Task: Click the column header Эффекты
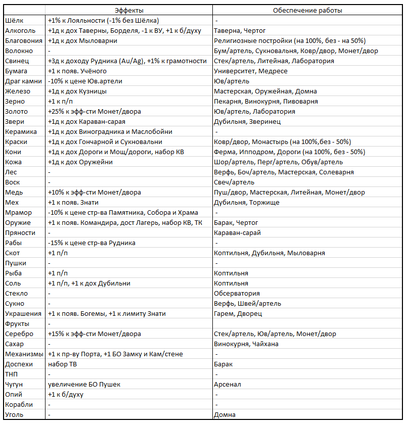pos(128,10)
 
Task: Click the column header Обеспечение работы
pos(307,10)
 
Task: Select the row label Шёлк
pos(14,20)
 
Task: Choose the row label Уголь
pos(14,414)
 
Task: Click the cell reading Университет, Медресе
pos(251,71)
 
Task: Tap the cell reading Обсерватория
pos(237,293)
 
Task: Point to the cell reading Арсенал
pos(228,384)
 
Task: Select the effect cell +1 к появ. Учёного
pos(77,71)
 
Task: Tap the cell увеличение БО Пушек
pos(84,384)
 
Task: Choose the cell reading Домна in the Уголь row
pos(224,414)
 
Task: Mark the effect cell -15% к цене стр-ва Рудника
pos(92,243)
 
